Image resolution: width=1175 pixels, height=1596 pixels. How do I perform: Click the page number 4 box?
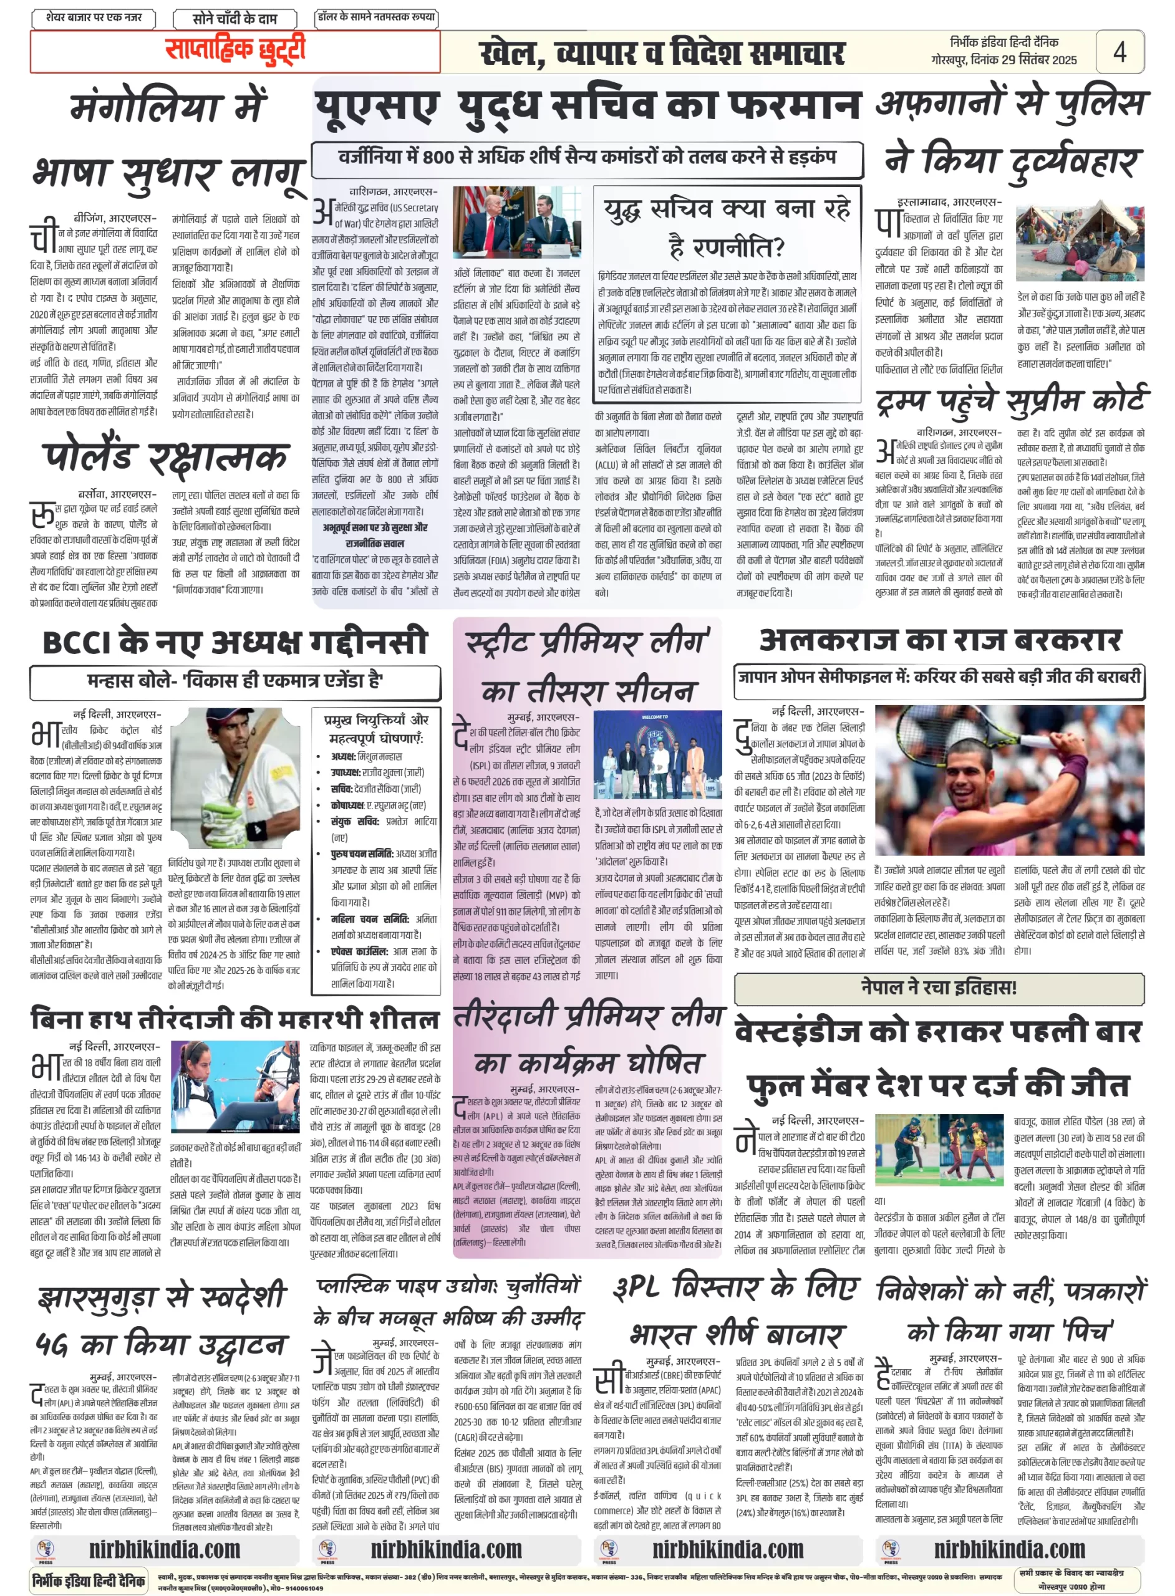click(x=1119, y=51)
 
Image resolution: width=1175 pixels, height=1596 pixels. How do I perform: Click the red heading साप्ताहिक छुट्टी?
click(x=235, y=50)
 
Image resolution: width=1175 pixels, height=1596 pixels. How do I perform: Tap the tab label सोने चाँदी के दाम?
click(x=235, y=19)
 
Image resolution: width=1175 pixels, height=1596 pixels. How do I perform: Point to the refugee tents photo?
click(x=1080, y=242)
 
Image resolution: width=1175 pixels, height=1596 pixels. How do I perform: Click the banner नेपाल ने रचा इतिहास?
click(x=939, y=988)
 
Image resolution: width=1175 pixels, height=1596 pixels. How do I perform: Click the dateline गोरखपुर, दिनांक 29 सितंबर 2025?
click(x=1003, y=60)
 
